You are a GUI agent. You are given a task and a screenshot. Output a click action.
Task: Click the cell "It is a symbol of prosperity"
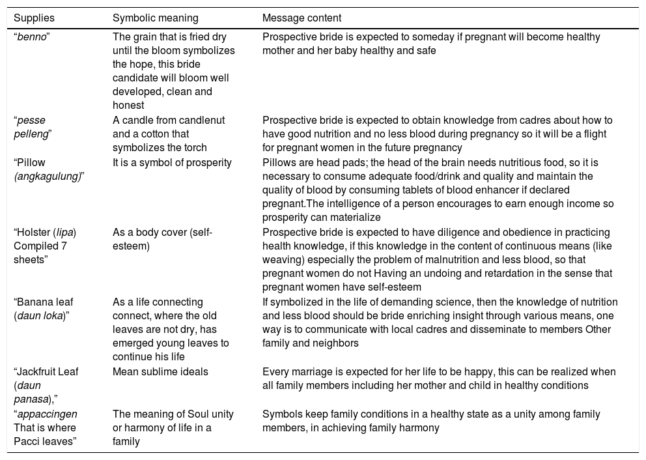(x=172, y=163)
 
